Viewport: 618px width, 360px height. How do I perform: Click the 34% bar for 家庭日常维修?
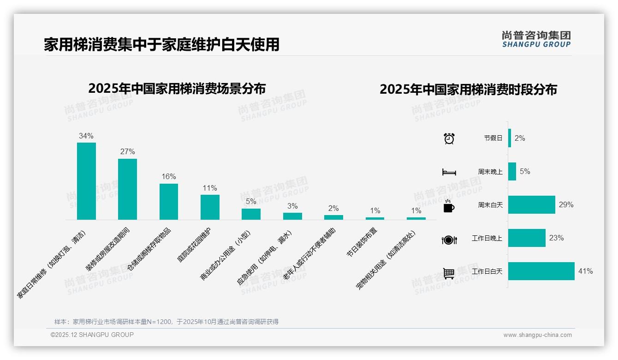[x=86, y=181]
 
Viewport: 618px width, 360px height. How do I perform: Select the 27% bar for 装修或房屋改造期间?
[x=127, y=189]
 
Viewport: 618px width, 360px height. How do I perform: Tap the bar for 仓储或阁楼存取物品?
[x=169, y=202]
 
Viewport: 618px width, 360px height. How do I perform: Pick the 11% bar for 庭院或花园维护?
[x=210, y=207]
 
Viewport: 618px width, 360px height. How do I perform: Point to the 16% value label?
[x=169, y=177]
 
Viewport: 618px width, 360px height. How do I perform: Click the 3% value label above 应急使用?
[x=292, y=206]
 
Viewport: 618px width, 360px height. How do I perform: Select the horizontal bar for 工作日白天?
[x=541, y=271]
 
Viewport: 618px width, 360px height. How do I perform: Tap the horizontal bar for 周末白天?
[x=532, y=204]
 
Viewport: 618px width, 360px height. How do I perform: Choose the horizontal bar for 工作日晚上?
[x=527, y=238]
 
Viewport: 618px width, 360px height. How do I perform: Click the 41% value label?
[x=586, y=271]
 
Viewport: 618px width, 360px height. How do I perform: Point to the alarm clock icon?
[x=449, y=138]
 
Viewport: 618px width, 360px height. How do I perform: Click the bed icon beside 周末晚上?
[x=449, y=172]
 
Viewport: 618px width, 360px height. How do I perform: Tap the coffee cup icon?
[x=449, y=206]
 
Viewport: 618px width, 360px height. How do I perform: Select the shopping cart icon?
[x=449, y=273]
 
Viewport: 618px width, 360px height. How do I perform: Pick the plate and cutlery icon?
[x=449, y=240]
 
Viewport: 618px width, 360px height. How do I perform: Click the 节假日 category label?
[x=493, y=138]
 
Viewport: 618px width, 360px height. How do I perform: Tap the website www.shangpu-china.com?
[x=537, y=335]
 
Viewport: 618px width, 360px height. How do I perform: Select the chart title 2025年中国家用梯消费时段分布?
[x=468, y=90]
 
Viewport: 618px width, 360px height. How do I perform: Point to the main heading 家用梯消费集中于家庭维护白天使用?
[x=161, y=44]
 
